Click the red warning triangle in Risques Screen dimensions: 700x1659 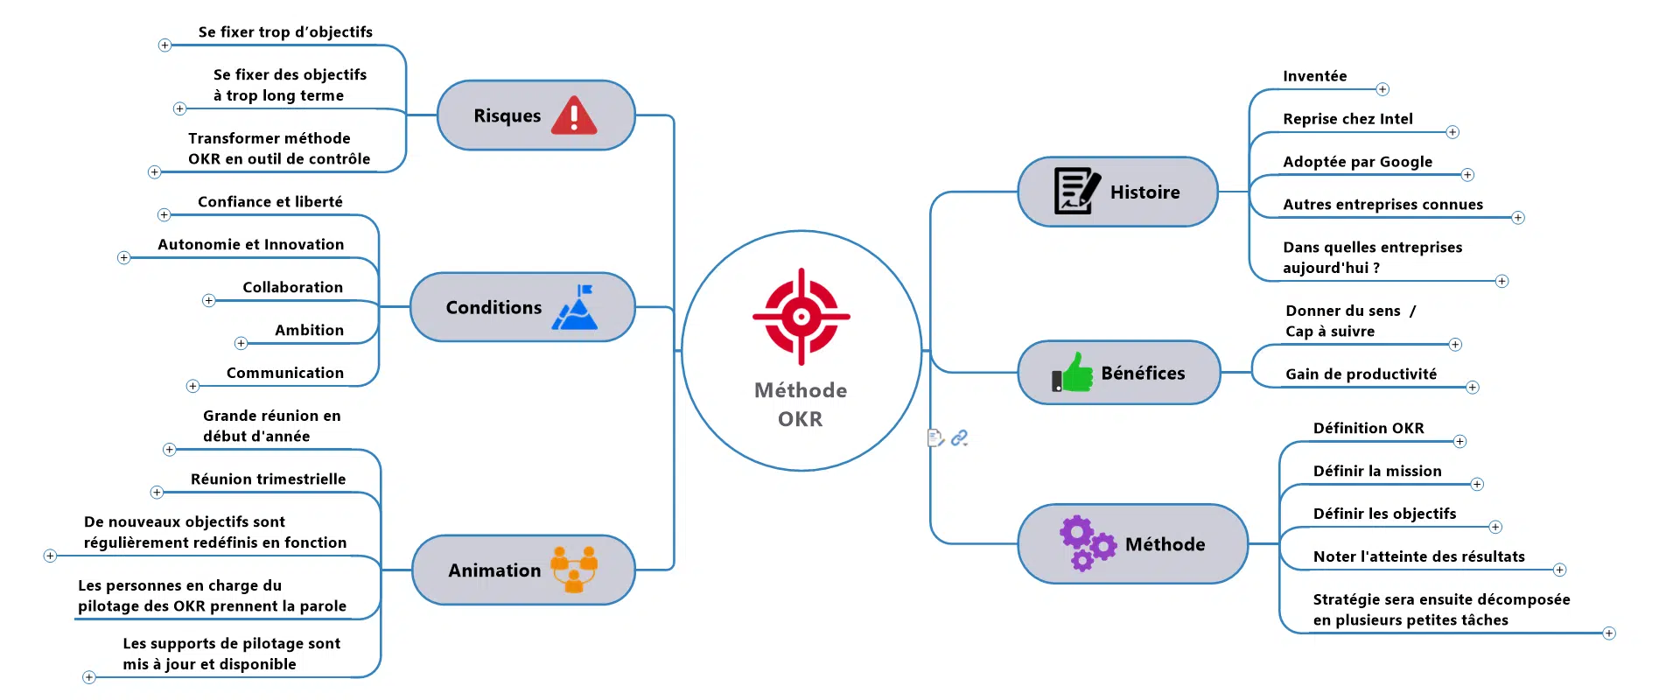point(574,115)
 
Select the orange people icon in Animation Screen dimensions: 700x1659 point(574,570)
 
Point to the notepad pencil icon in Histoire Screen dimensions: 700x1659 point(1076,191)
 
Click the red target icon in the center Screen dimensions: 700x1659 point(801,316)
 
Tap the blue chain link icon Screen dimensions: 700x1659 point(960,437)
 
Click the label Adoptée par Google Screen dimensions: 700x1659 point(1357,162)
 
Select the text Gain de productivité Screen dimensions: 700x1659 point(1361,374)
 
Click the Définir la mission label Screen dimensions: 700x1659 point(1376,472)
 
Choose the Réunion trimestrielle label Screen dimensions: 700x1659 point(268,479)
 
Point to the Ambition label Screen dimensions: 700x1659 point(309,331)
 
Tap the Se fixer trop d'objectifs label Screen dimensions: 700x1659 point(285,32)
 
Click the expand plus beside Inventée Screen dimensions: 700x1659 point(1382,89)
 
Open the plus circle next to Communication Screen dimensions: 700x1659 point(193,386)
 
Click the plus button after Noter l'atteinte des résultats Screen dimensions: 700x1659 point(1559,570)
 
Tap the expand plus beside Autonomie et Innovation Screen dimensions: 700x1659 point(124,258)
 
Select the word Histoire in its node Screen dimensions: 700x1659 point(1144,192)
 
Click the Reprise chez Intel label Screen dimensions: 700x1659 point(1347,119)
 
